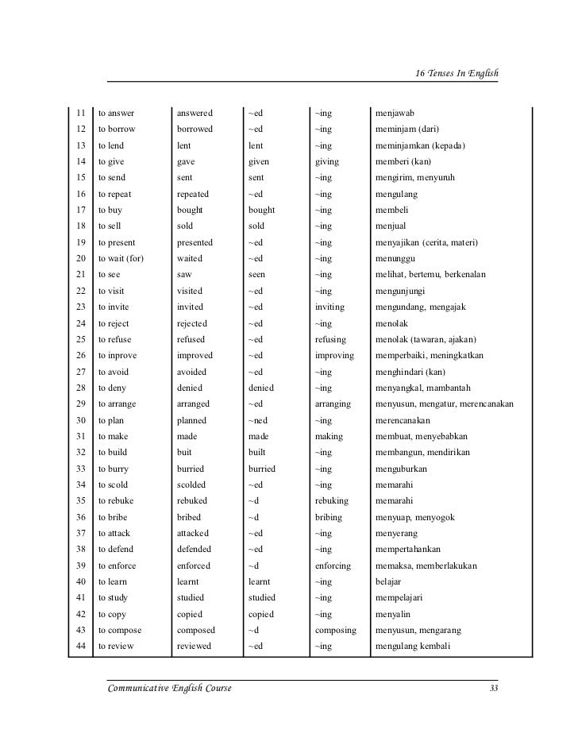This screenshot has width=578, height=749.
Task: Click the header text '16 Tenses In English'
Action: point(457,73)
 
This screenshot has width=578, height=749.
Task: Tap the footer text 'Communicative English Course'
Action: point(170,688)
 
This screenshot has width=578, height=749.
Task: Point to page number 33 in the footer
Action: point(494,688)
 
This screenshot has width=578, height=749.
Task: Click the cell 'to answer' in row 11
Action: point(116,113)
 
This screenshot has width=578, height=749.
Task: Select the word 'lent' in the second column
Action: point(184,145)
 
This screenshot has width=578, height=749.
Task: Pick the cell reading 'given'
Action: point(259,161)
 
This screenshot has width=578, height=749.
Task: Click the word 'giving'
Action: point(326,161)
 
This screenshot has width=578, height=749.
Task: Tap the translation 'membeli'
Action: point(390,210)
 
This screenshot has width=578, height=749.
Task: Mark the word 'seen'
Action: point(257,275)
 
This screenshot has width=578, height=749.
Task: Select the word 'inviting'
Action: point(329,307)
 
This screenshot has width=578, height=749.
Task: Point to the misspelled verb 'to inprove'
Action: point(119,355)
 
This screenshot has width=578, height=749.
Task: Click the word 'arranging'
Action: point(333,403)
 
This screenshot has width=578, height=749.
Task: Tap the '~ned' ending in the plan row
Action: point(257,420)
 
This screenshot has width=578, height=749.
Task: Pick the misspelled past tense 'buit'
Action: point(184,453)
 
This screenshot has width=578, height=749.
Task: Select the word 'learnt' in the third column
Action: point(260,581)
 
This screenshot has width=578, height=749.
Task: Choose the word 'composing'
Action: point(335,630)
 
